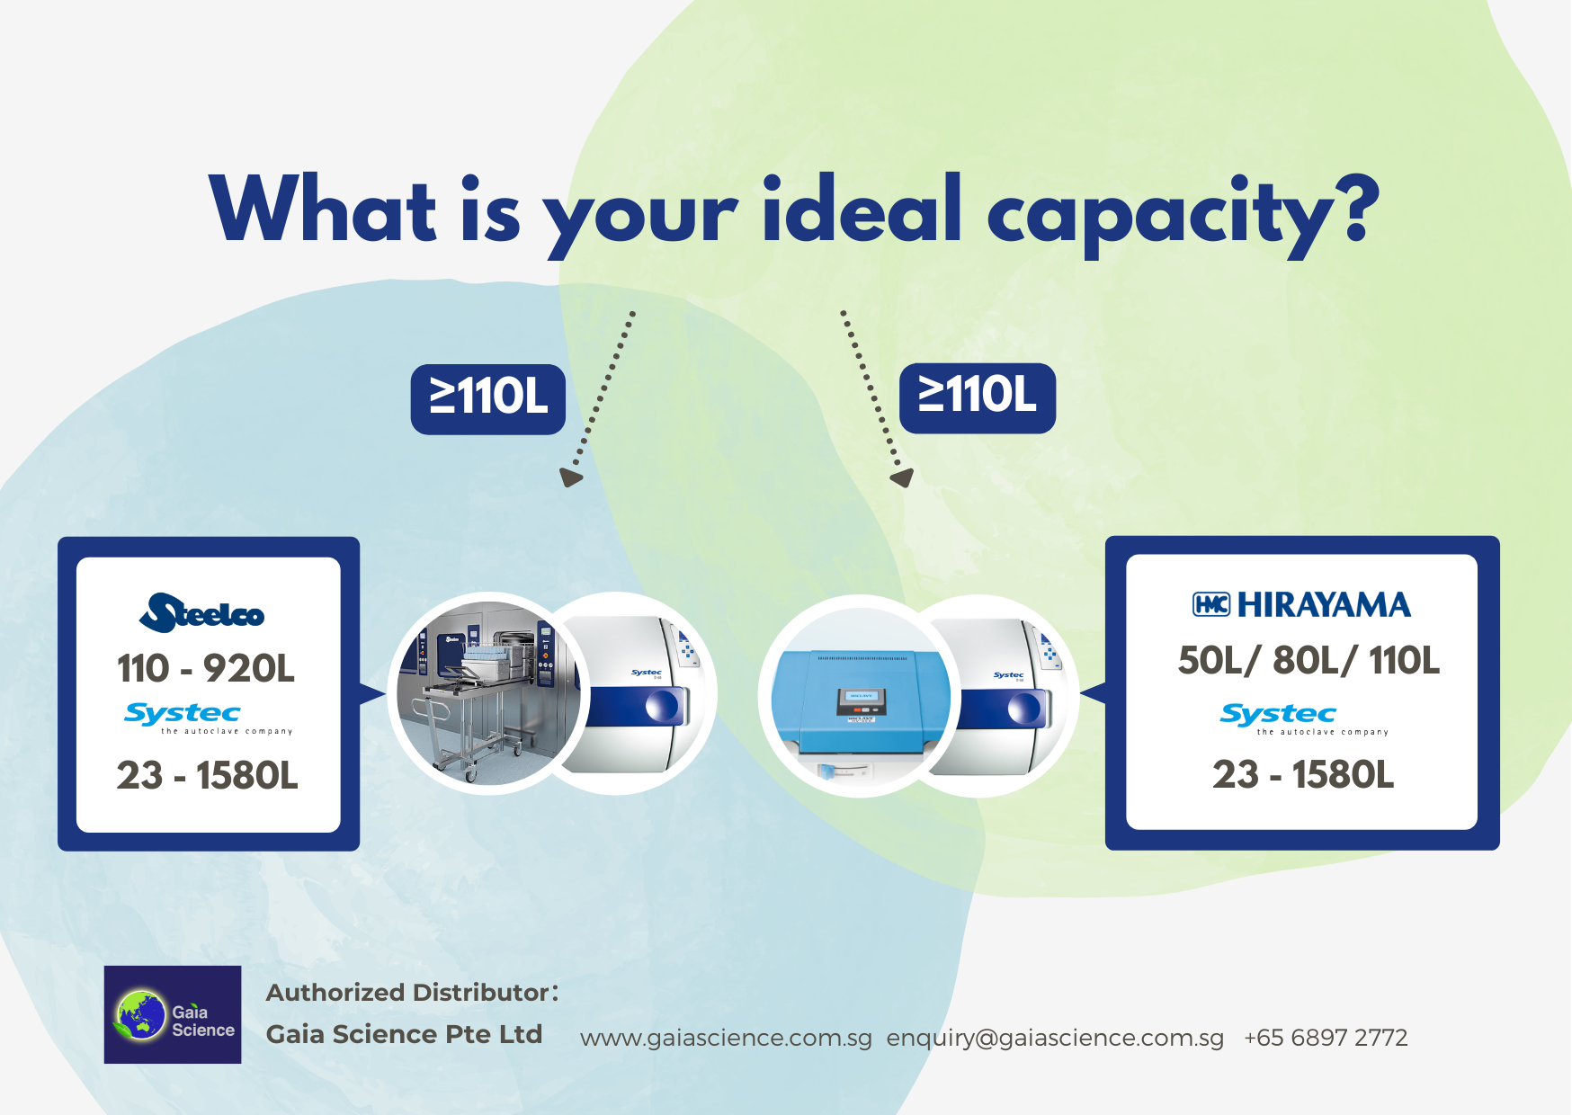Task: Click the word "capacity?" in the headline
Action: coord(1183,217)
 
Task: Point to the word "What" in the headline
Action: coord(323,209)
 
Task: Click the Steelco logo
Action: coord(202,612)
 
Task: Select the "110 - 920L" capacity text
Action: coord(206,668)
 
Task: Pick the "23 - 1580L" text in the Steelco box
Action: coord(207,775)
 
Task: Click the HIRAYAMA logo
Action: coord(1301,604)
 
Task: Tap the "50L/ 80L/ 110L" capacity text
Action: coord(1309,661)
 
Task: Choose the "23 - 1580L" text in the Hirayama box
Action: coord(1303,774)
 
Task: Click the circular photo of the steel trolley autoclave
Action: coord(489,693)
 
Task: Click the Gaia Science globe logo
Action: coord(173,1014)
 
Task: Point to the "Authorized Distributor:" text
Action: coord(413,993)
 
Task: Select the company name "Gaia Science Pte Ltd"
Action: coord(404,1034)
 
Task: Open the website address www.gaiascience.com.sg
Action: coord(726,1039)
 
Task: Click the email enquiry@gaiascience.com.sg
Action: coord(1055,1039)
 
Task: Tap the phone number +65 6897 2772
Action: coord(1326,1038)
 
